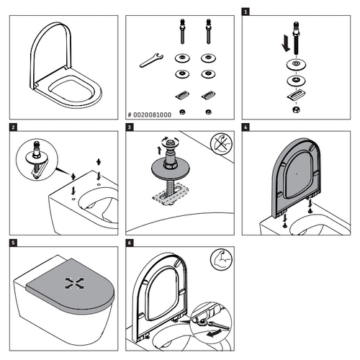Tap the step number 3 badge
point(130,129)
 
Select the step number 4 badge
point(246,129)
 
